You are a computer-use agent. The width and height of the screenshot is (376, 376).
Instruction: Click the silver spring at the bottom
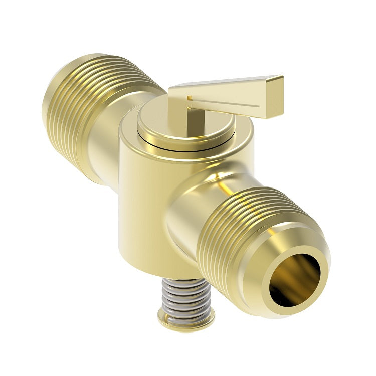pos(186,296)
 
